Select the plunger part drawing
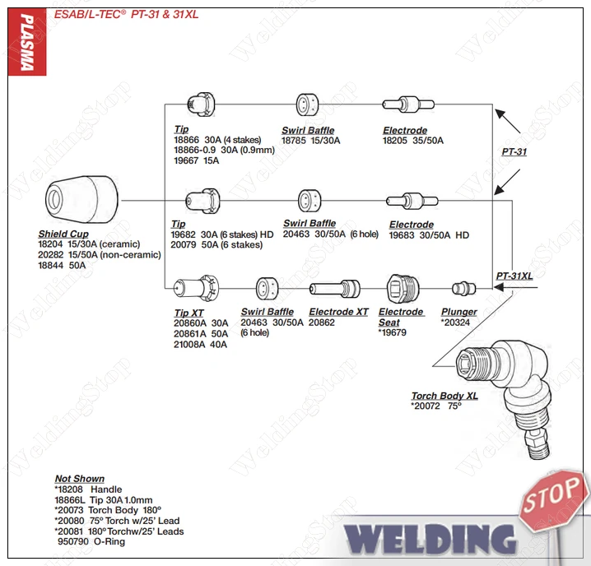coord(463,288)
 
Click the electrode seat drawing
coord(403,288)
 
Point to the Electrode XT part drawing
coord(334,288)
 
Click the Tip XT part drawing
coord(195,288)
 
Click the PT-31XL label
coord(514,276)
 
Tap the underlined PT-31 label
coord(514,152)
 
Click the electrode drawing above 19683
coord(406,200)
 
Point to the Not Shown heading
coord(80,479)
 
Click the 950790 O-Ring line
coord(91,542)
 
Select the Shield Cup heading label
coord(63,234)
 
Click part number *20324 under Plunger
coord(457,322)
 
